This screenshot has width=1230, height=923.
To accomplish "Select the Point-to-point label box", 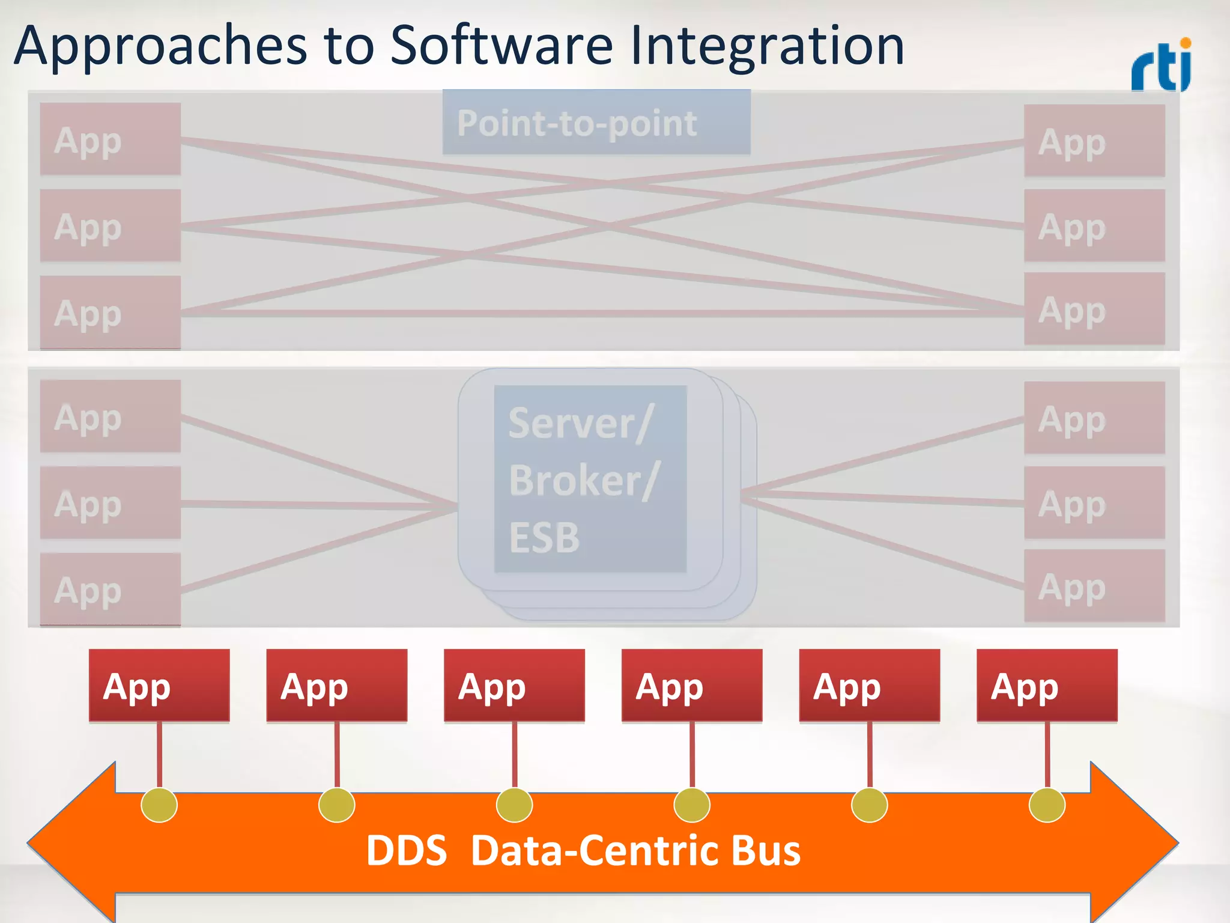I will [596, 123].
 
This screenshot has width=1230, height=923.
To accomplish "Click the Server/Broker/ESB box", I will [590, 478].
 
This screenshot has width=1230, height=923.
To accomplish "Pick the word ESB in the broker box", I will [544, 537].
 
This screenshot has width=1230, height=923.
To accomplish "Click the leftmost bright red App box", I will [159, 685].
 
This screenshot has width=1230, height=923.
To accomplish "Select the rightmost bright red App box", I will [1047, 685].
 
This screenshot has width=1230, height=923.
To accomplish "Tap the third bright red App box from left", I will [514, 685].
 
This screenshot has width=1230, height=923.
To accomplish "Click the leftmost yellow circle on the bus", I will [159, 805].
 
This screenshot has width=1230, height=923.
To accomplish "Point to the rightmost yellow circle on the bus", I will [1047, 805].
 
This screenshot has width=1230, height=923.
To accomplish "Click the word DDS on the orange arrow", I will [407, 851].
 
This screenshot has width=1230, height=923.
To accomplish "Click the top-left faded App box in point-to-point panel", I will [111, 139].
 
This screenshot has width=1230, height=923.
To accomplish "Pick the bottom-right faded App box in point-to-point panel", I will [1094, 309].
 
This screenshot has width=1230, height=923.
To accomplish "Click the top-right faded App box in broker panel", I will [1094, 418].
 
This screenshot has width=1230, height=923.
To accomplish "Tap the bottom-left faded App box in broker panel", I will [111, 589].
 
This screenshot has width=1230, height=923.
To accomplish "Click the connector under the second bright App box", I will [337, 754].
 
